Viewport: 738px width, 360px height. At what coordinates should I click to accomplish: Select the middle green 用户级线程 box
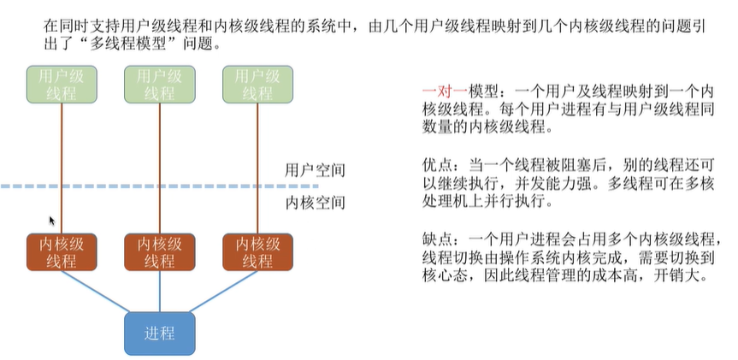click(159, 85)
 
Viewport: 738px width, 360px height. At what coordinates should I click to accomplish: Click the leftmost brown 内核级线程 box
click(60, 251)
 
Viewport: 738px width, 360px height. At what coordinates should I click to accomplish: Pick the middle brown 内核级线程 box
click(159, 251)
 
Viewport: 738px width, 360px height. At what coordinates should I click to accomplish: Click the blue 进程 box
click(160, 333)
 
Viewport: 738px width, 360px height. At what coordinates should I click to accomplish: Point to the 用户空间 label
click(315, 170)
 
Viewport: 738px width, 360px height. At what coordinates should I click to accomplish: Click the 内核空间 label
click(315, 204)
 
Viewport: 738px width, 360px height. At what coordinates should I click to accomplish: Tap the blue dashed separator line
click(171, 186)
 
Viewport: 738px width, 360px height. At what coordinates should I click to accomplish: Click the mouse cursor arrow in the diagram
click(52, 221)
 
